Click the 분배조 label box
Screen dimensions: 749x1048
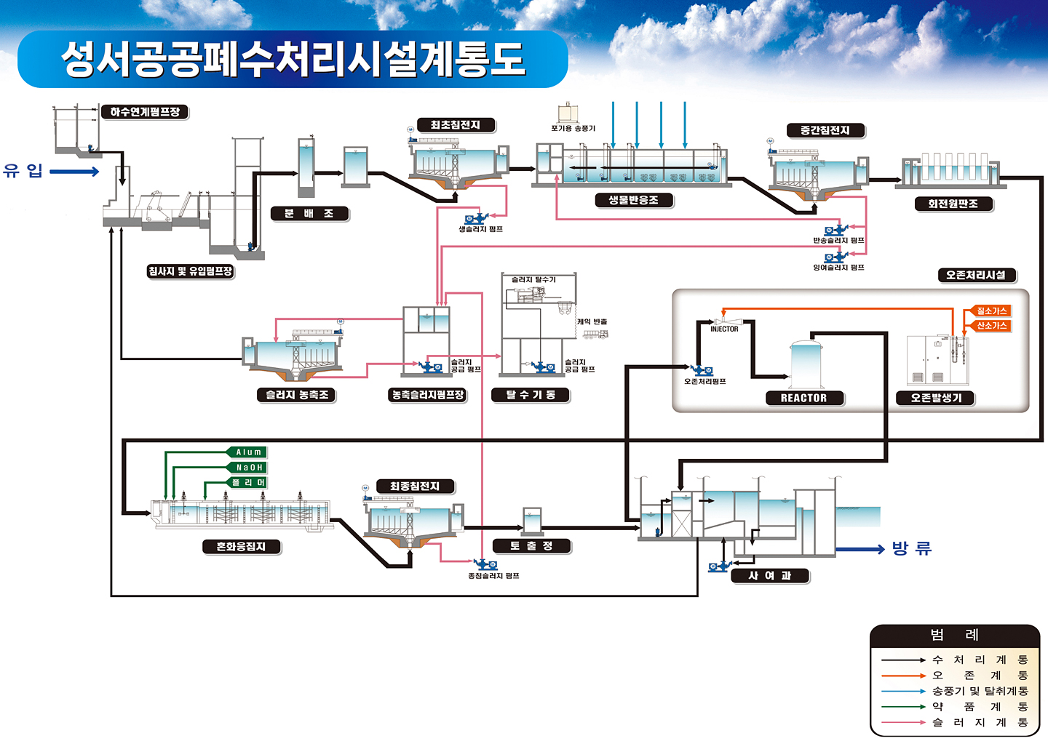(309, 214)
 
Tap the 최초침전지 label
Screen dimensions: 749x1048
(456, 125)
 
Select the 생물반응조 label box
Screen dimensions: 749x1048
(633, 200)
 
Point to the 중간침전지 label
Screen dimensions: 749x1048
(825, 131)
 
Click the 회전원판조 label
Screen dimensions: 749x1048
(953, 204)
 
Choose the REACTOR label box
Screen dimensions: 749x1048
(803, 398)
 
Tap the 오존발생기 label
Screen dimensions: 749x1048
(937, 398)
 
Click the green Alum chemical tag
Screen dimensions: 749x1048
(248, 452)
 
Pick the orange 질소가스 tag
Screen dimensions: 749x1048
(991, 311)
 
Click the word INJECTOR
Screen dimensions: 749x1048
(724, 329)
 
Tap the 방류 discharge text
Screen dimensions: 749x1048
(912, 548)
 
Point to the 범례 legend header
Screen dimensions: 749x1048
(954, 635)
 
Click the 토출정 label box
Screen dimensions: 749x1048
(532, 546)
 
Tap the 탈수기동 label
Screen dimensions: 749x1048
(531, 395)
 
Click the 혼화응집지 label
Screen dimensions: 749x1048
(241, 547)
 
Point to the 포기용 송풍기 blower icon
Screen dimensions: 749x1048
(568, 113)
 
